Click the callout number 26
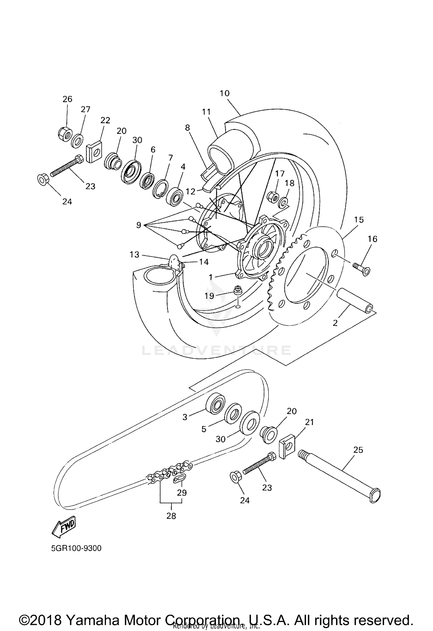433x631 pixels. [x=67, y=99]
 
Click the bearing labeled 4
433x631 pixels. [x=175, y=197]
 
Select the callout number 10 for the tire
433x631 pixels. [x=224, y=93]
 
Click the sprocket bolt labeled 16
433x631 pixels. [x=362, y=267]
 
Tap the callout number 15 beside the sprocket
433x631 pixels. [x=359, y=220]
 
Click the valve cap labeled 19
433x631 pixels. [x=238, y=290]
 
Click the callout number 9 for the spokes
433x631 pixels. [x=139, y=225]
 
